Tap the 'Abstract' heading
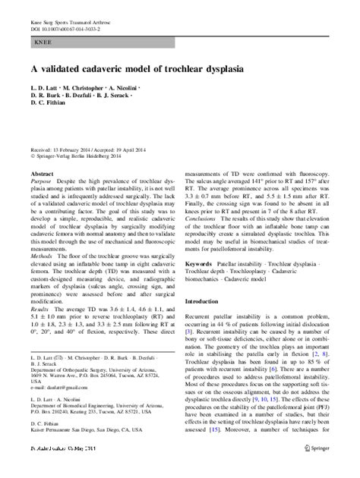(x=40, y=174)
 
